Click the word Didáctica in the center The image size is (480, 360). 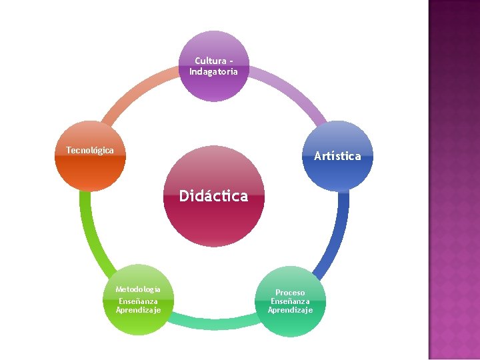(x=213, y=196)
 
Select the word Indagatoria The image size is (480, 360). (x=213, y=71)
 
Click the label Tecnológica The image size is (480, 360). (x=90, y=150)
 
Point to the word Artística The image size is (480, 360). (x=337, y=156)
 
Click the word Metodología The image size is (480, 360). (x=138, y=289)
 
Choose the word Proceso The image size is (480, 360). (x=290, y=293)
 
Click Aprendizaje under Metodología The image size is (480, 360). (x=138, y=309)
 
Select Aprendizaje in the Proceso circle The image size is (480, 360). (x=290, y=310)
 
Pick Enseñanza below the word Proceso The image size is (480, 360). (x=290, y=301)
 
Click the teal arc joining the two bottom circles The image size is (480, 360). (x=213, y=323)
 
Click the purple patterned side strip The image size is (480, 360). (x=454, y=180)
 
